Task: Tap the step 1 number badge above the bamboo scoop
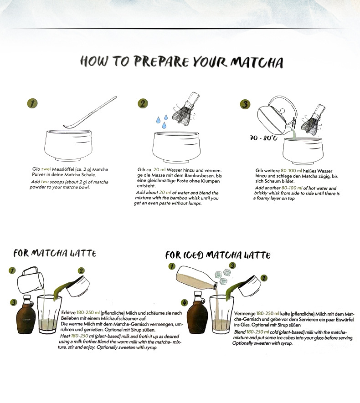[32, 103]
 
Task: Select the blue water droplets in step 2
[162, 121]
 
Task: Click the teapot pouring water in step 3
[278, 116]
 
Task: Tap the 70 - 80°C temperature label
[263, 138]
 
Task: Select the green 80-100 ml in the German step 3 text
[292, 171]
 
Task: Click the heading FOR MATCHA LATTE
[55, 253]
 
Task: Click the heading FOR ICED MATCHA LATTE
[218, 255]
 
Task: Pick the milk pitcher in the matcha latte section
[31, 280]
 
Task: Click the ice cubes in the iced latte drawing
[223, 276]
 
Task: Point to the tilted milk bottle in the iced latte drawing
[197, 278]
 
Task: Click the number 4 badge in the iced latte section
[185, 302]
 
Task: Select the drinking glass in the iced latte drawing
[221, 314]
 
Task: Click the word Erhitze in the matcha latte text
[68, 313]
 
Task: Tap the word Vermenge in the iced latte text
[245, 314]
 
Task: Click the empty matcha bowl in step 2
[176, 147]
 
